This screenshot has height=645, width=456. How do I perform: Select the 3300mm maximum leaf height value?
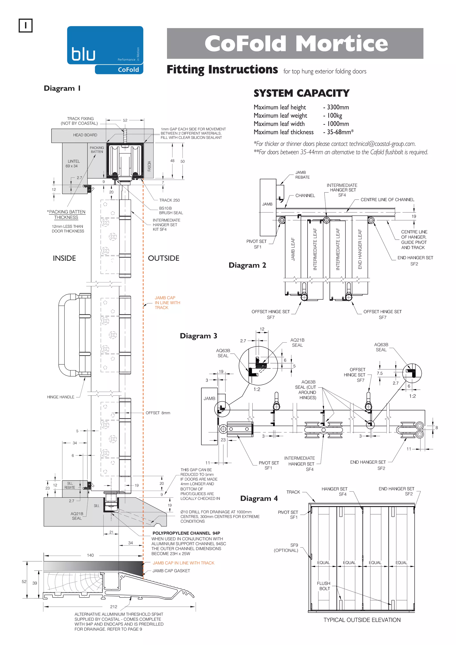click(338, 107)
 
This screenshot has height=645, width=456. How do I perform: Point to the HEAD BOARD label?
click(85, 135)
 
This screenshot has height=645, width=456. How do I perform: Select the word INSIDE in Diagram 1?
click(64, 258)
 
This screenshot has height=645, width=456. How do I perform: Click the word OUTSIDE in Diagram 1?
click(163, 258)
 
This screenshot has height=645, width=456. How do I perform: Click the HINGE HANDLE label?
click(61, 397)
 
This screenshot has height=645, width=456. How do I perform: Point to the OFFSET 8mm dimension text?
click(158, 413)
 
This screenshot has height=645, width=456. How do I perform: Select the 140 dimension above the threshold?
click(90, 555)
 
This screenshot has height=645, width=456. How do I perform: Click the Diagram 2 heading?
click(247, 265)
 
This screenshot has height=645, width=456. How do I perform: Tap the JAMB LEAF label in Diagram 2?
click(293, 249)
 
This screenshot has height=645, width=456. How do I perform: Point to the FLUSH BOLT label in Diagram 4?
click(324, 586)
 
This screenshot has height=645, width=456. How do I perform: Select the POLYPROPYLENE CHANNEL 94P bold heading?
click(186, 533)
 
